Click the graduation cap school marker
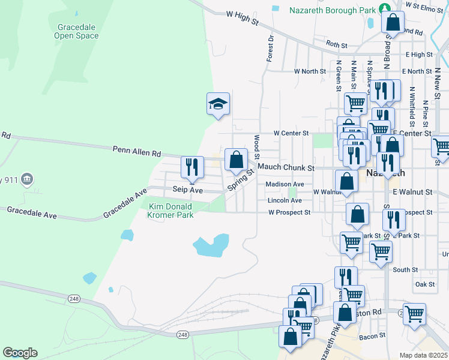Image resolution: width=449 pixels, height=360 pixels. coord(218,104)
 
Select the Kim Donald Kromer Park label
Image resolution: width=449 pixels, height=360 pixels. coord(171,211)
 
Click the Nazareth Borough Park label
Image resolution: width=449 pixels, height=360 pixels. coord(333,10)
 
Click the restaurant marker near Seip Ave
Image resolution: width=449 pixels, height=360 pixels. coord(192,166)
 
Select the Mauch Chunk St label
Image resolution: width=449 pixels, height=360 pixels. coord(286,168)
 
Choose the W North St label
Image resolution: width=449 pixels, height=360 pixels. coord(310,71)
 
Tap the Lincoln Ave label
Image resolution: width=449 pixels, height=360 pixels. coord(285,200)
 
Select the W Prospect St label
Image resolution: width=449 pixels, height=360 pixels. coord(289,212)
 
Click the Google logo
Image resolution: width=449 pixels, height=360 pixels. coord(20,353)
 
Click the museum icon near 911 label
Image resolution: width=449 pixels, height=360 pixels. coord(27,179)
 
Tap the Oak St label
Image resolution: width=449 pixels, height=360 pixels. coord(424,284)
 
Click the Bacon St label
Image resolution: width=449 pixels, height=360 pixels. coord(369,337)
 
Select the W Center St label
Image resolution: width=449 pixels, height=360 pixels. coord(291,133)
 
